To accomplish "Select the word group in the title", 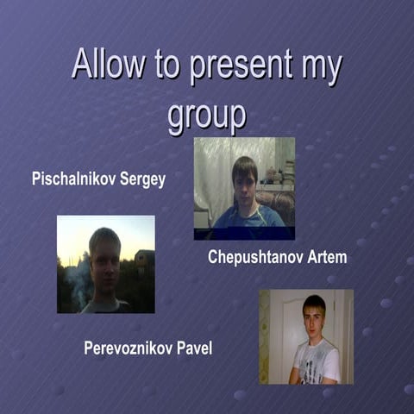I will point(206,116).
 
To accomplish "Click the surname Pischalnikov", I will point(75,180).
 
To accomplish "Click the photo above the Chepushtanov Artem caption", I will point(244,188).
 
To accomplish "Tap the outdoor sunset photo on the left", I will point(105,264).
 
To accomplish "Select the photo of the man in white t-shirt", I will point(305,336).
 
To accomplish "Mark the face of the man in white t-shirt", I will point(314,317).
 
